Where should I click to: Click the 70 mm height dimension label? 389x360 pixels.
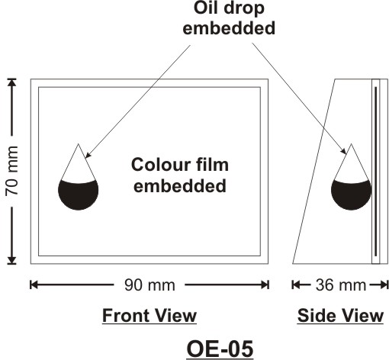tap(12, 171)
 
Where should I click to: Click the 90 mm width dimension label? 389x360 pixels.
tap(149, 285)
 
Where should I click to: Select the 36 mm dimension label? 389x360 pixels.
tap(341, 285)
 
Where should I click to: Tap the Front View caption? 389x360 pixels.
tap(149, 315)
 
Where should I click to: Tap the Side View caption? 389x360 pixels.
tap(340, 315)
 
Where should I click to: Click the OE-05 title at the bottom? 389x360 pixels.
tap(220, 349)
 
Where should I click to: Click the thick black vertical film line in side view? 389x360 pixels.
tap(376, 171)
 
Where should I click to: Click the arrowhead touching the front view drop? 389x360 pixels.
tap(88, 155)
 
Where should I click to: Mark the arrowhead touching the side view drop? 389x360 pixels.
tap(344, 151)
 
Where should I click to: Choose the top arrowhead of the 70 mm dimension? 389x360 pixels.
tap(11, 83)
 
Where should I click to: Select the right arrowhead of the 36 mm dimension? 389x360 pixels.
tap(384, 285)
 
